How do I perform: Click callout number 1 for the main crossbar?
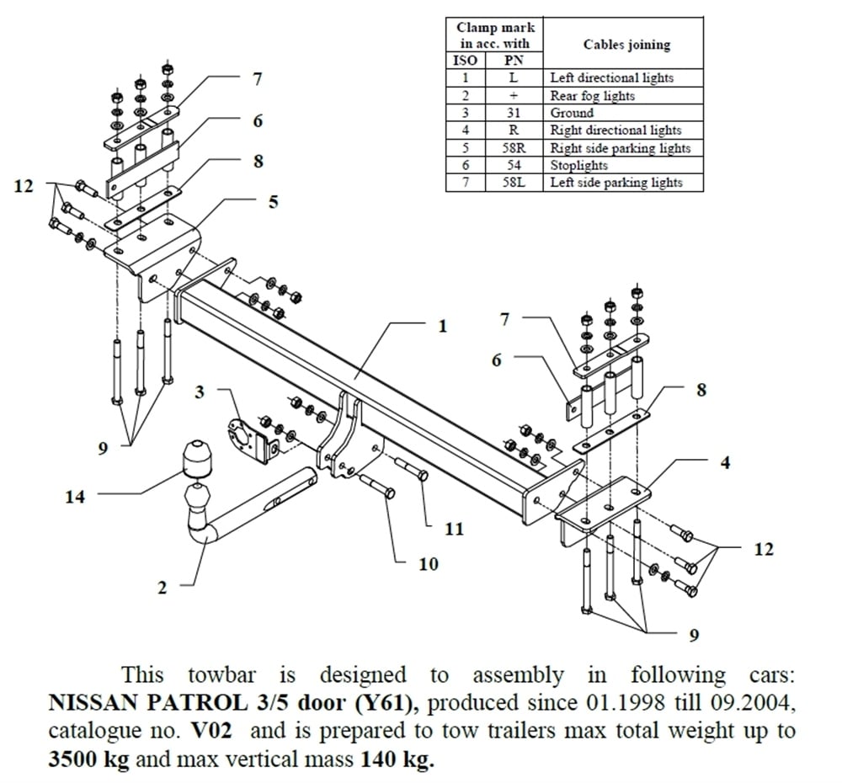(443, 326)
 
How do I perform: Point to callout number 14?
(75, 497)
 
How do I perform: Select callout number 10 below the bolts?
(429, 563)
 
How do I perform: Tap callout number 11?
(454, 529)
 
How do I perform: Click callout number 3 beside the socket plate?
(200, 391)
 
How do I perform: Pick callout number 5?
(273, 201)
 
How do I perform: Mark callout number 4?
(725, 462)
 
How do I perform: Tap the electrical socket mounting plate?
(249, 438)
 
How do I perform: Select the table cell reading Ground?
(572, 113)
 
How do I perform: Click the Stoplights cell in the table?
(578, 165)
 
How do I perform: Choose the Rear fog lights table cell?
(592, 95)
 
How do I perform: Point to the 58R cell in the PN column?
(513, 148)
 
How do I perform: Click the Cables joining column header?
(626, 45)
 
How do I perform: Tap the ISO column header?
(465, 61)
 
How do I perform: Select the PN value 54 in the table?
(513, 165)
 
